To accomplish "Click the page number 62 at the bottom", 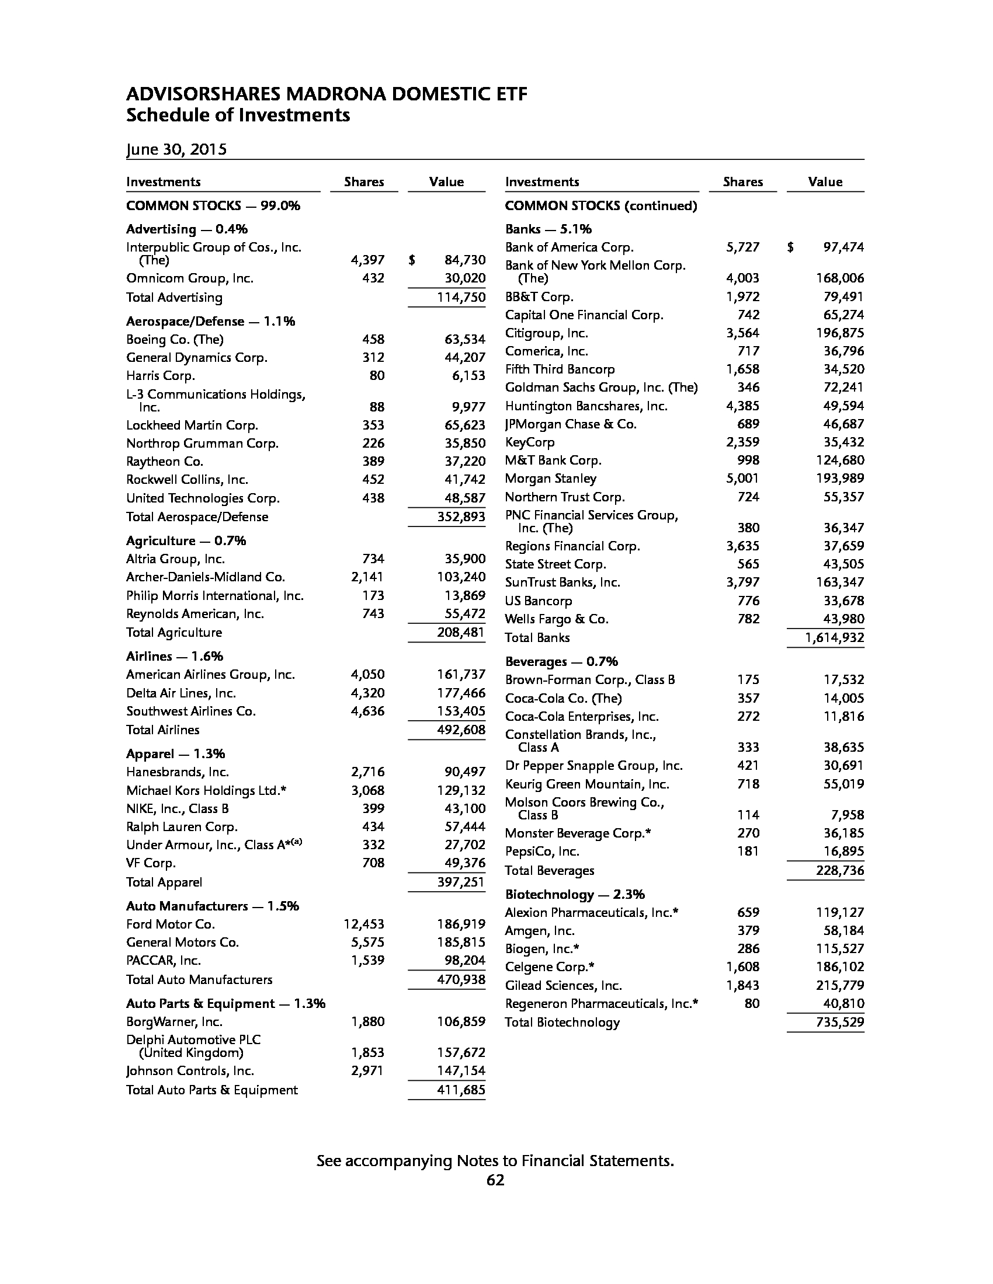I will (495, 1180).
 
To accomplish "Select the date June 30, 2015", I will (176, 149).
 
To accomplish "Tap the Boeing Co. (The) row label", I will (175, 339).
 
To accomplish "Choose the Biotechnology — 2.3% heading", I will (575, 894).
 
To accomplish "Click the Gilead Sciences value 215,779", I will (840, 985).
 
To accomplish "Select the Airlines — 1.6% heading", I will (175, 656).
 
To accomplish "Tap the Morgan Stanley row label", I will (551, 479).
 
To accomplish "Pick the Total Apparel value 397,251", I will (461, 882).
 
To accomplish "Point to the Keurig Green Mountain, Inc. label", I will (587, 784).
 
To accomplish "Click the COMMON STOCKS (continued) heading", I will (600, 206).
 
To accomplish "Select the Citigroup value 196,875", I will (840, 333).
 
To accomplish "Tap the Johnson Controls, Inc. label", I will (190, 1070).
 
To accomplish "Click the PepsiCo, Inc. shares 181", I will (748, 852).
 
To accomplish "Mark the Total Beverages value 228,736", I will (840, 870).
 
